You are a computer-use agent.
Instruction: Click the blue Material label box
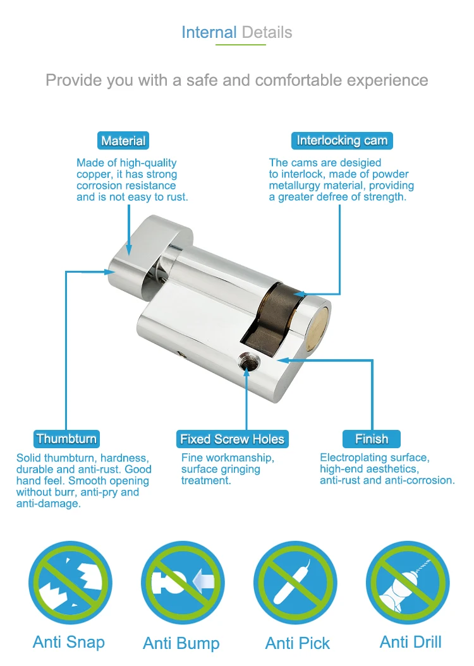[123, 141]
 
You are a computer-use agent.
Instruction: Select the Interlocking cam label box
[342, 140]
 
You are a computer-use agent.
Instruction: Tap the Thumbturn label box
[66, 439]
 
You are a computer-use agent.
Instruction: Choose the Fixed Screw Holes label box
[232, 439]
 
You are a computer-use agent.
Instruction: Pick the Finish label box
[372, 439]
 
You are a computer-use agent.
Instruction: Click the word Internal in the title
[209, 33]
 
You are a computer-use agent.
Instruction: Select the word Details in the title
[267, 33]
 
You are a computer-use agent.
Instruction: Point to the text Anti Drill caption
[411, 643]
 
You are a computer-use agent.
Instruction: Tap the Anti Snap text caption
[69, 643]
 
